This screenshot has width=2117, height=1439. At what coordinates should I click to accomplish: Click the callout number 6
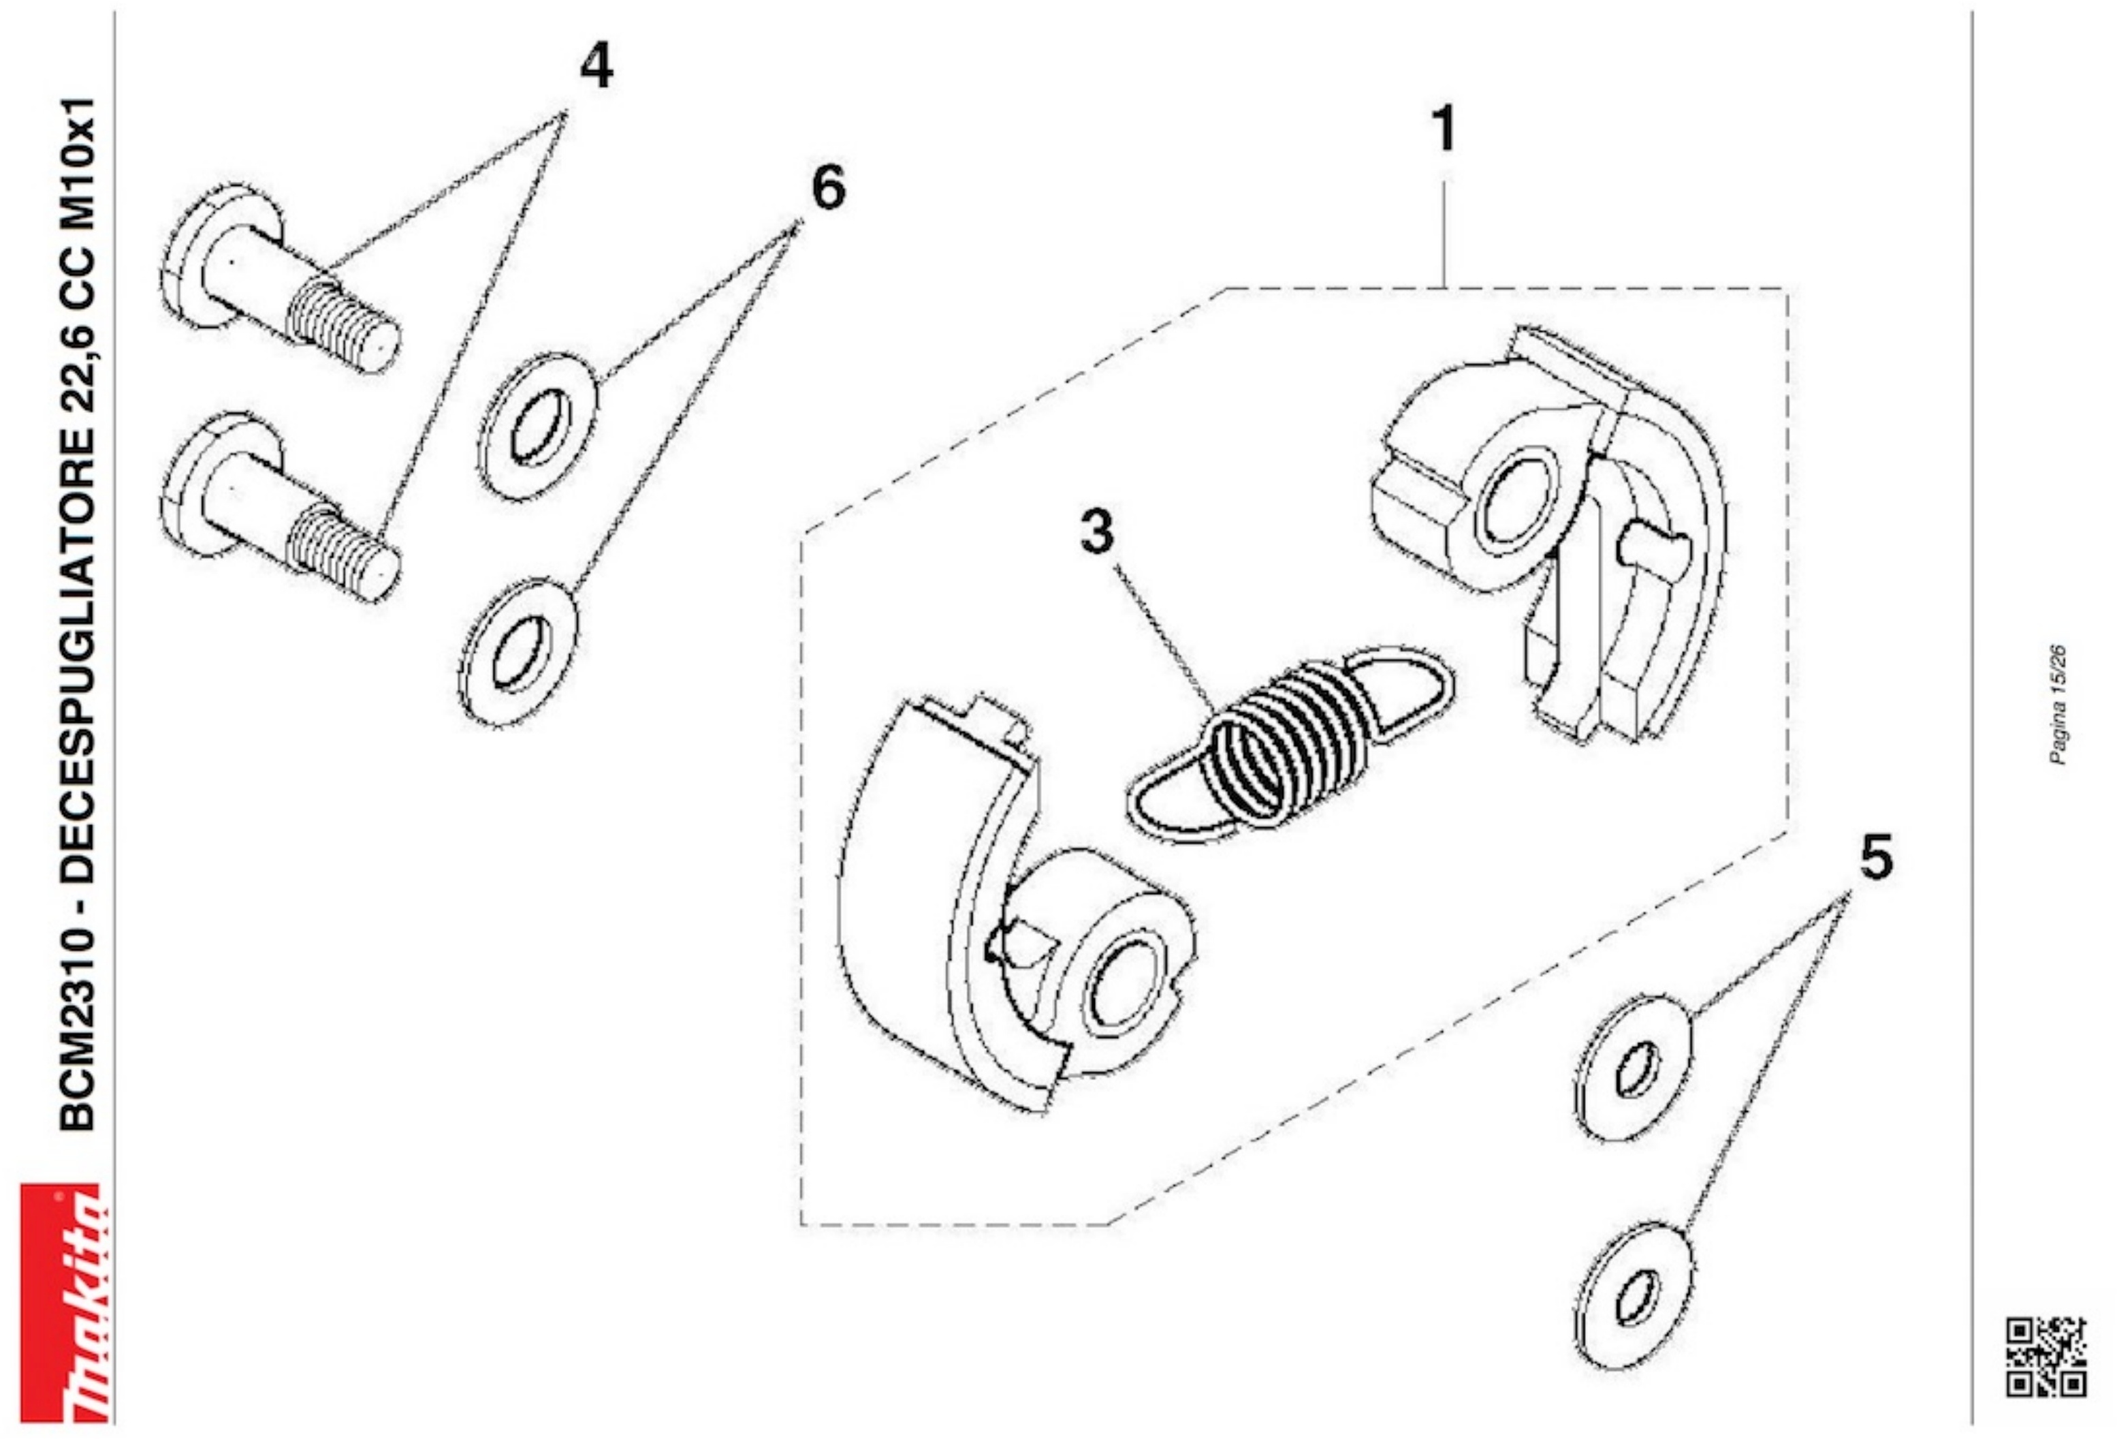[x=828, y=189]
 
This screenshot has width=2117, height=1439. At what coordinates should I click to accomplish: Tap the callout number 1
[x=1444, y=129]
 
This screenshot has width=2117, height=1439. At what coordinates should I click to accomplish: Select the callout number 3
[x=1097, y=531]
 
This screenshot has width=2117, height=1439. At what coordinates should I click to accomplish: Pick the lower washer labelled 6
[x=517, y=651]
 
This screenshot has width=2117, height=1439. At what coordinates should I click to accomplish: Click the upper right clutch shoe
[x=1548, y=533]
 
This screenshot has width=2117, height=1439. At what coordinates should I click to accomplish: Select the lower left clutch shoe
[x=1016, y=912]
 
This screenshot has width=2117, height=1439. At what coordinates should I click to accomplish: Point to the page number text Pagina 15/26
[x=2057, y=705]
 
